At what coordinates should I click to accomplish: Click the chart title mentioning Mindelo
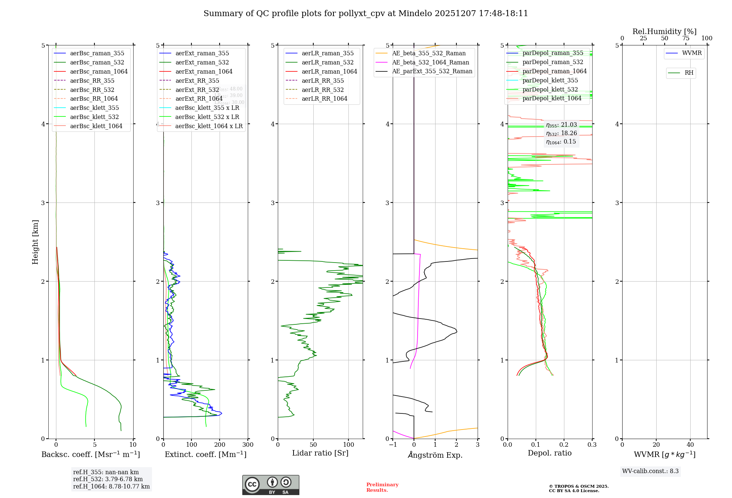coord(366,14)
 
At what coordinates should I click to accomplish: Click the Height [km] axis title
coord(35,242)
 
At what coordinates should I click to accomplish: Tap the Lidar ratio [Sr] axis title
coord(320,453)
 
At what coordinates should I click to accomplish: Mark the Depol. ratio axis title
coord(549,453)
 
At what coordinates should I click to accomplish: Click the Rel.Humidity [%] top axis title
coord(664,31)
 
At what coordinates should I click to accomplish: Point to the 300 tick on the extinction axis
coord(248,445)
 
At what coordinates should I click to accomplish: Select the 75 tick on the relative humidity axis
coord(686,38)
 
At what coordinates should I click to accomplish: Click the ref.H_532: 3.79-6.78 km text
coord(108,479)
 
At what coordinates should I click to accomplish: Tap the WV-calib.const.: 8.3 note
coord(650,471)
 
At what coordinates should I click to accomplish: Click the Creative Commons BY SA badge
coord(270,485)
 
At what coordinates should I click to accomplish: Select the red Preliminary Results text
coord(382,487)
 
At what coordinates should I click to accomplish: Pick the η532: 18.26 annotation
coord(561,133)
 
